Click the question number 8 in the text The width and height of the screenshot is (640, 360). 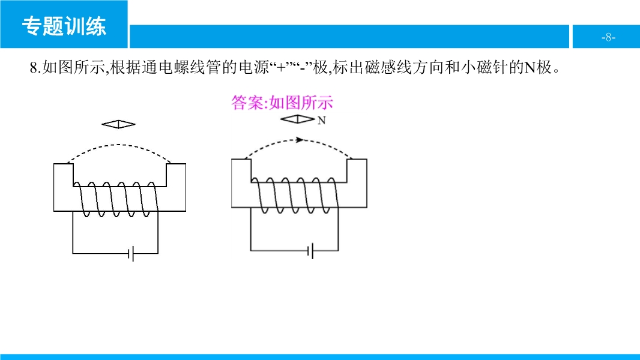[33, 68]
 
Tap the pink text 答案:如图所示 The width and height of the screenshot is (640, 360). [282, 103]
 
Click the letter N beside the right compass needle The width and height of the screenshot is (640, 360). [322, 121]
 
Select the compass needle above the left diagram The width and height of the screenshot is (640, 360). [118, 124]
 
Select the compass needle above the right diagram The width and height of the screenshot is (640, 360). [297, 119]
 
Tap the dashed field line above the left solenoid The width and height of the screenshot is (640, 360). [119, 146]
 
